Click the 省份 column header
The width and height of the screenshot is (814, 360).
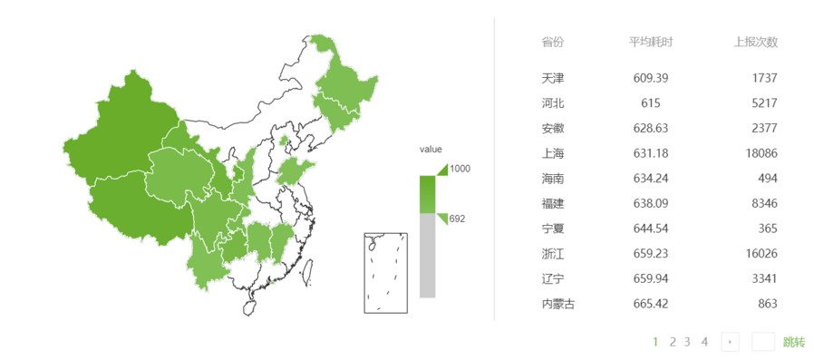click(x=552, y=43)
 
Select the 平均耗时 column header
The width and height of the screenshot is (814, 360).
click(x=650, y=43)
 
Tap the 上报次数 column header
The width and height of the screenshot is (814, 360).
click(x=755, y=43)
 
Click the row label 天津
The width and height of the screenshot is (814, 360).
click(x=552, y=79)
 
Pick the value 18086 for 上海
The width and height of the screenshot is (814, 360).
click(x=760, y=154)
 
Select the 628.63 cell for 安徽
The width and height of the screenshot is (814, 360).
click(x=650, y=129)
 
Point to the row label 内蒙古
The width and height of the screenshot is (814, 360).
click(x=557, y=304)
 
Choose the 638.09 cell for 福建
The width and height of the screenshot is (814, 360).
click(x=650, y=204)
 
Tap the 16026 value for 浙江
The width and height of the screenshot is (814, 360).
click(x=760, y=254)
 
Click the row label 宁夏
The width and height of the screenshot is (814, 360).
click(x=552, y=229)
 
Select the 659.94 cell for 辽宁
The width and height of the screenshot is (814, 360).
click(x=650, y=278)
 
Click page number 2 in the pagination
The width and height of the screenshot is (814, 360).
click(x=673, y=342)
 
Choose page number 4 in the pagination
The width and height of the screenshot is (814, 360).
click(x=704, y=342)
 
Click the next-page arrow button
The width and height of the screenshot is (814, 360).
click(x=731, y=342)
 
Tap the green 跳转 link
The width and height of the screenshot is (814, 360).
click(x=793, y=342)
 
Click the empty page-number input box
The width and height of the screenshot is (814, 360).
click(x=763, y=342)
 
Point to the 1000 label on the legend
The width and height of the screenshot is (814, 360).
click(x=460, y=169)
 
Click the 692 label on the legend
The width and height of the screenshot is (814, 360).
click(x=457, y=219)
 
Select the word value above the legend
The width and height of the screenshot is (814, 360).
click(x=431, y=150)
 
